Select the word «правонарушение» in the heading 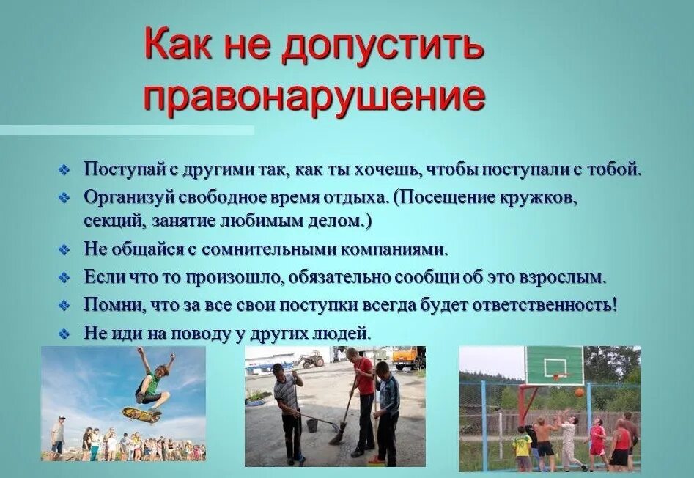[x=314, y=96]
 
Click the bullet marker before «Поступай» [x=64, y=171]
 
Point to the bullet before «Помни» [x=64, y=305]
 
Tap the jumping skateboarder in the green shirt [x=152, y=383]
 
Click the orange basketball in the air [x=579, y=392]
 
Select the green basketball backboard [x=554, y=364]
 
